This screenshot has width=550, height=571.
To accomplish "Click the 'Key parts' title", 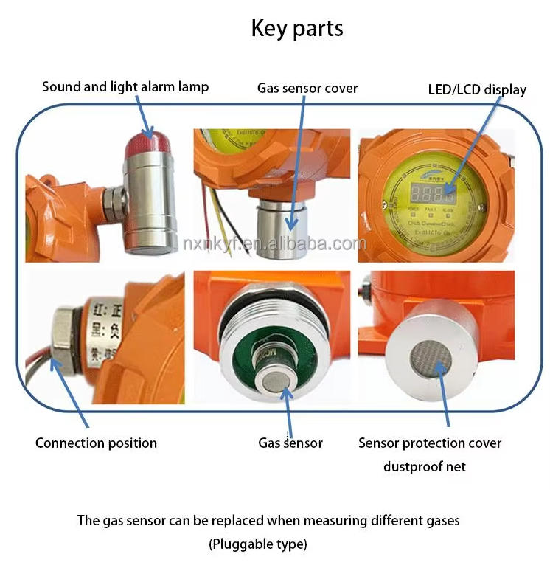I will [x=296, y=29].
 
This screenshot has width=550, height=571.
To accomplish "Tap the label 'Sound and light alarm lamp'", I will [x=125, y=87].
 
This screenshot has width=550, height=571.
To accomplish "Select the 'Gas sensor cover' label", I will [x=307, y=89].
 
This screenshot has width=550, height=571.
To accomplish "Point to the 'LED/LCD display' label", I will [x=477, y=90].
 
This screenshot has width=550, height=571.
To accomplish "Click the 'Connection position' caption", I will [x=96, y=443].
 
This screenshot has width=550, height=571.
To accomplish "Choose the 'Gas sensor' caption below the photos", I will [x=290, y=443].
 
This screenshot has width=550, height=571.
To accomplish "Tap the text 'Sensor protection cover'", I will [x=429, y=443].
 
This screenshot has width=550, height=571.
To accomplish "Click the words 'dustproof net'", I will [x=424, y=466].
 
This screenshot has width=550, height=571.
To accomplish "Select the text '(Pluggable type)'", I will [x=257, y=544].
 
